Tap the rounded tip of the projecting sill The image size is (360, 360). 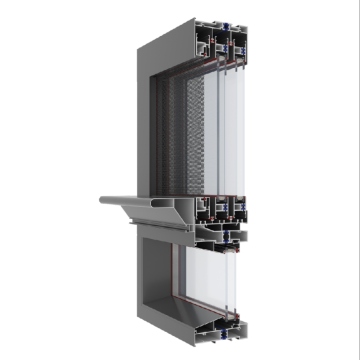point(103,202)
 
